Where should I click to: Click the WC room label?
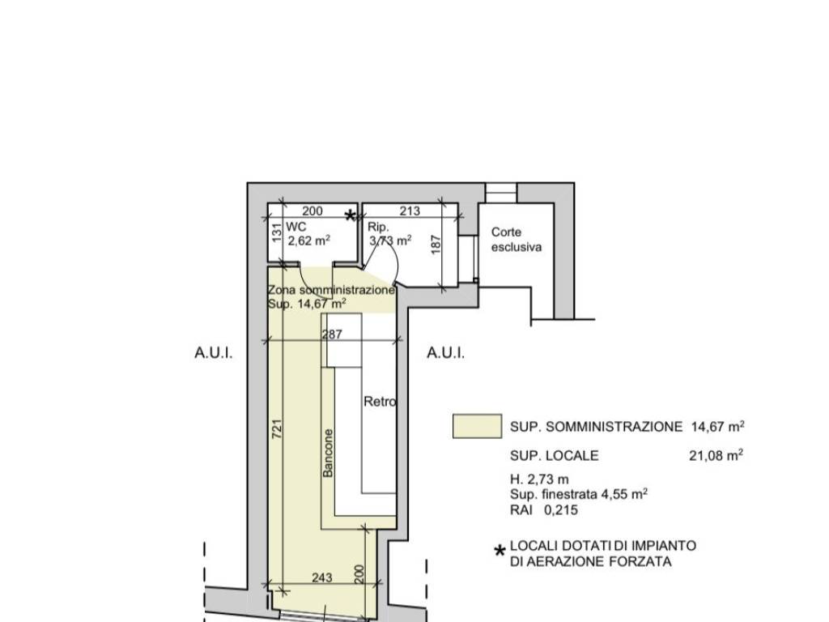click(296, 227)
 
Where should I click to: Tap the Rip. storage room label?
click(379, 227)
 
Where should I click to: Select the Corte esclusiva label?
click(517, 240)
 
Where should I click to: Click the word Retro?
click(380, 402)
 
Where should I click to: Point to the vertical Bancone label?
click(329, 453)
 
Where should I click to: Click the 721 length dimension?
click(277, 428)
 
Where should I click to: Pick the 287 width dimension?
click(332, 334)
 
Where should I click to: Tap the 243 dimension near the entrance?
click(322, 577)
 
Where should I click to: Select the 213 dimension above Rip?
click(410, 211)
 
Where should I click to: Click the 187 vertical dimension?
click(436, 245)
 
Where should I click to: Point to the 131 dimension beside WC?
click(276, 232)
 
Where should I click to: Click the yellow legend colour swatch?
click(478, 426)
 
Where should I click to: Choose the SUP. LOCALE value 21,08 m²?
click(716, 455)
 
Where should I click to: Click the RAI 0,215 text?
click(544, 510)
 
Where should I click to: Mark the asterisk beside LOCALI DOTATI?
click(500, 552)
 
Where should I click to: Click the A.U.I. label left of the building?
click(214, 353)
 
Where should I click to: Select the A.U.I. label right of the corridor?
click(446, 353)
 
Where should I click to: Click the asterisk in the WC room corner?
click(350, 215)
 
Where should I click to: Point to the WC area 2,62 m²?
click(309, 241)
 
